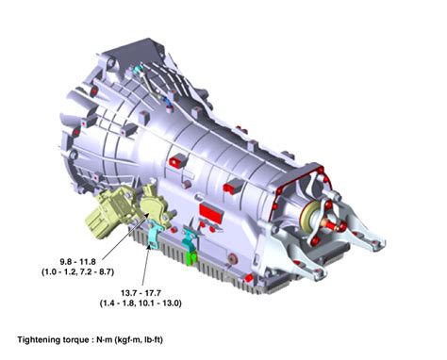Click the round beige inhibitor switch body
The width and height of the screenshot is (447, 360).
click(153, 204)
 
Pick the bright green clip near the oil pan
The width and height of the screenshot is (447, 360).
click(193, 254)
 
